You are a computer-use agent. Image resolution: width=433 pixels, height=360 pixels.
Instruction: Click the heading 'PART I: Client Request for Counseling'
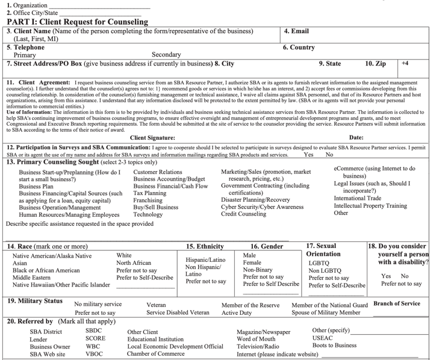78,22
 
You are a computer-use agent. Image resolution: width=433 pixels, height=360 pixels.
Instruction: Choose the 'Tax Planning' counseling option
150,193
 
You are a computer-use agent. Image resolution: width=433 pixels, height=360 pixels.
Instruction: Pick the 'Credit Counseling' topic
243,214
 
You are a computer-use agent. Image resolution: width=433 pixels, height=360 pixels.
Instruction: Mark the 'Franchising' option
149,200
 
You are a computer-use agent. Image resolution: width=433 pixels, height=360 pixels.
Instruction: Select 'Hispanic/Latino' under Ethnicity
205,259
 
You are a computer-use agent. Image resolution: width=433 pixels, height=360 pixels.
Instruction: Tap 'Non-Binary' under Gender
258,270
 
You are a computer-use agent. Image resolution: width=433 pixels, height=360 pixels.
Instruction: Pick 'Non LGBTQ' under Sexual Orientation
326,270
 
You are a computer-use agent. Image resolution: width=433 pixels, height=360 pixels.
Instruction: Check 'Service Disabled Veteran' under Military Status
178,312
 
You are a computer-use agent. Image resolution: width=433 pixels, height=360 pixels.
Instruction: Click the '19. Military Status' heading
34,300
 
